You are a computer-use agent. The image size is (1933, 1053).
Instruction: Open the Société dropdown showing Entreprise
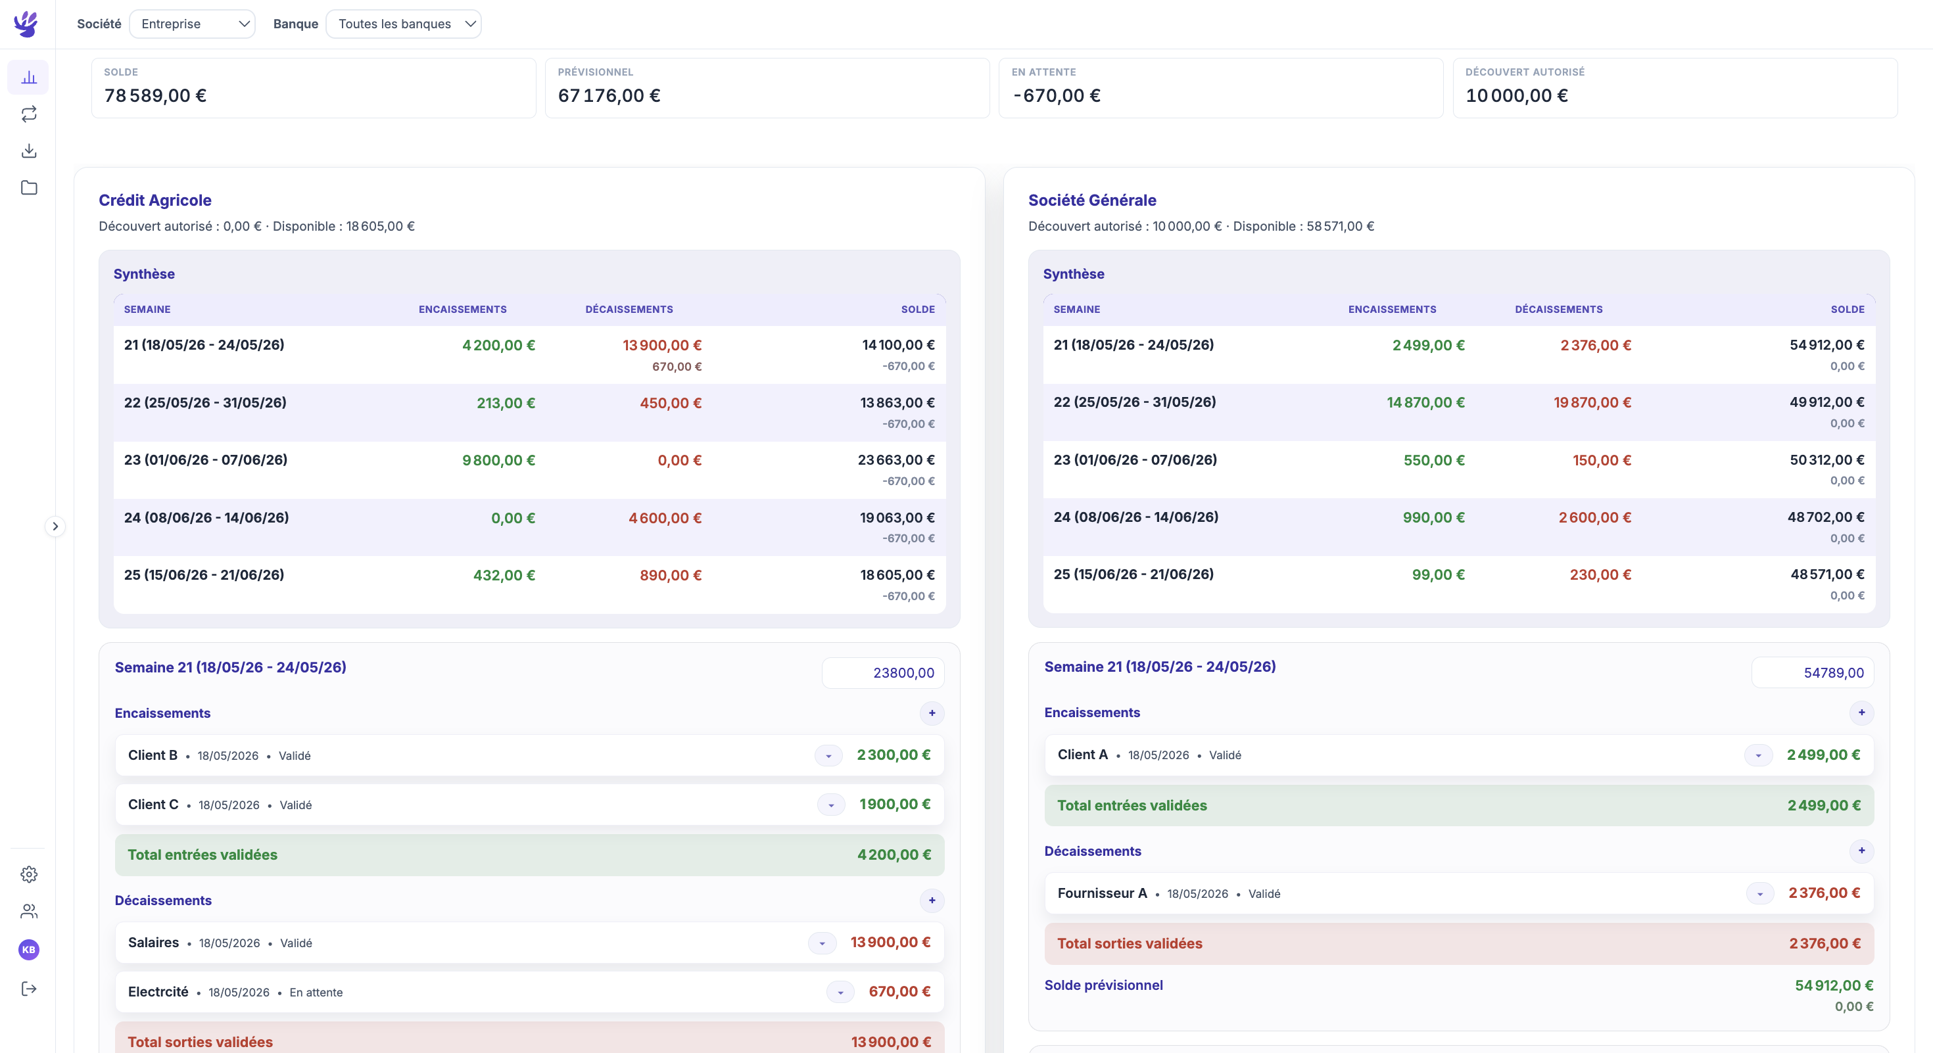[192, 24]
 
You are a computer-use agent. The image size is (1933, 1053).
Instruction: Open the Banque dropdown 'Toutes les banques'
[404, 24]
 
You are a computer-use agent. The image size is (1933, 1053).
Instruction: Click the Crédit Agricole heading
[155, 200]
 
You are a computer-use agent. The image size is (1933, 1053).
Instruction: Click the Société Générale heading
[1092, 200]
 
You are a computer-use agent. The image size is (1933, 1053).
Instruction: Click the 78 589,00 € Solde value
[155, 95]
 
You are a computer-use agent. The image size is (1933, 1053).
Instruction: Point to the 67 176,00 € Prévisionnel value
[609, 95]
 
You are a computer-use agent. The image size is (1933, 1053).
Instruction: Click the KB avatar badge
[28, 950]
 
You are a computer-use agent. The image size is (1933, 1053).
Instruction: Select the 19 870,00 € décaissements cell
[1592, 403]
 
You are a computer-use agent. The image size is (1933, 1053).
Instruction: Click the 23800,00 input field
[883, 673]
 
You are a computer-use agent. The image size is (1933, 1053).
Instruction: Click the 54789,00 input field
[1812, 673]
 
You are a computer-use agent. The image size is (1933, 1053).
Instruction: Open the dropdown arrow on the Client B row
[828, 755]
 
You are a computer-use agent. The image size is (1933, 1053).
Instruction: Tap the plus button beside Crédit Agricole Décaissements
[932, 901]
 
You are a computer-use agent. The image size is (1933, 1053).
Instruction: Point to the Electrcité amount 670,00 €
[899, 991]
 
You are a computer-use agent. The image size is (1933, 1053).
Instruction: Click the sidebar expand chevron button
[55, 526]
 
